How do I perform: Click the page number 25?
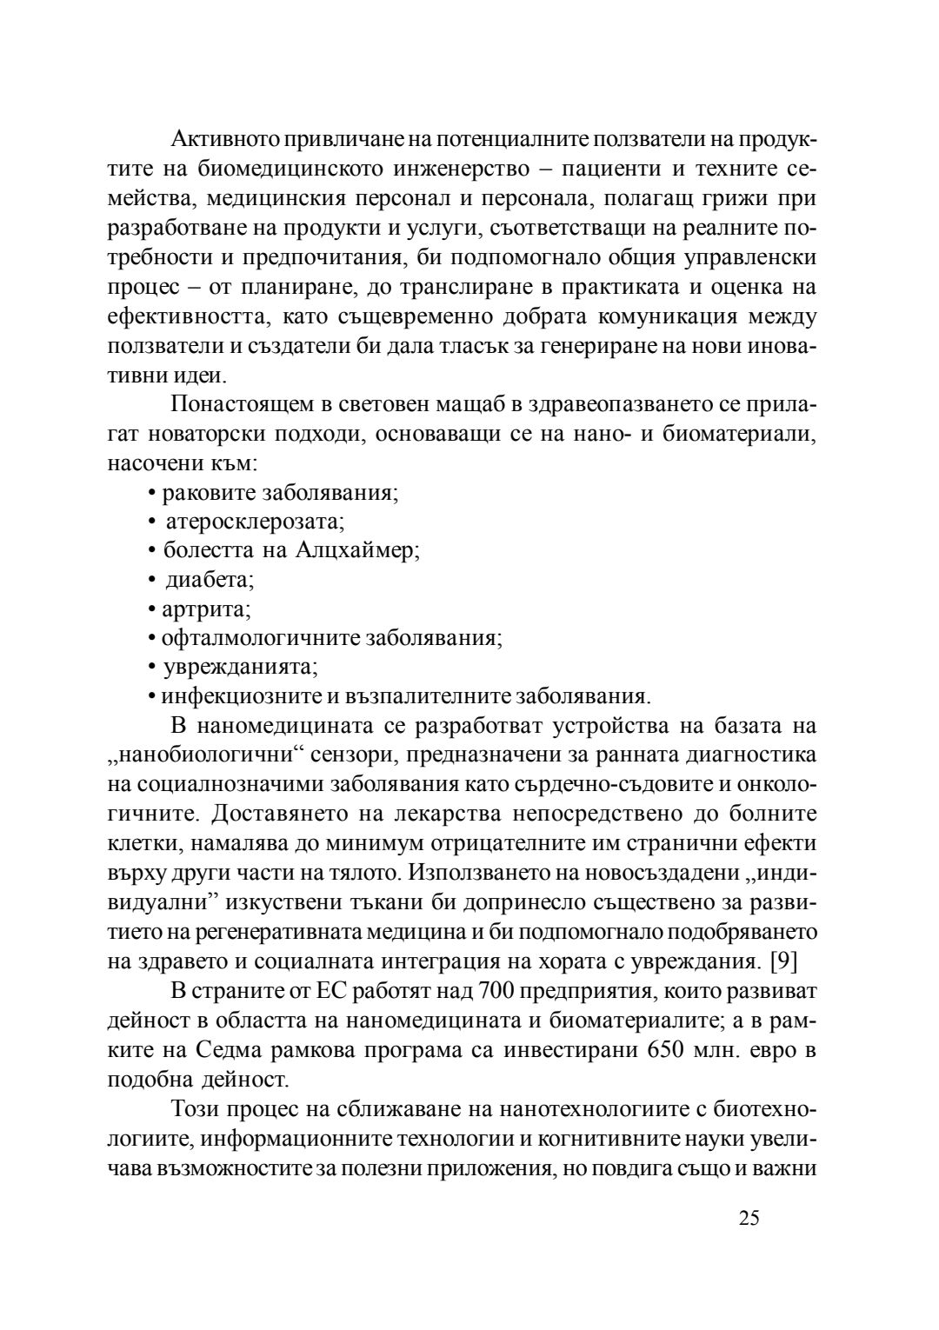click(749, 1217)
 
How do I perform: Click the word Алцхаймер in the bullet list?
click(356, 551)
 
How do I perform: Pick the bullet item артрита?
click(207, 609)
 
